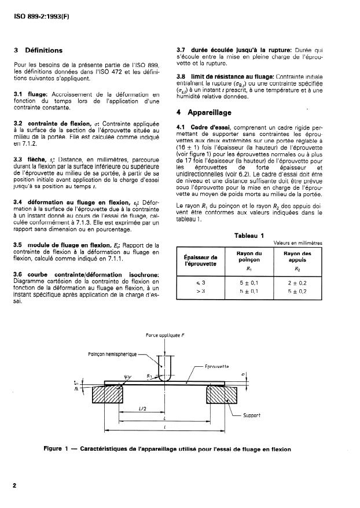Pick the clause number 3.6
[x=17, y=274]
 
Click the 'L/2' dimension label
[x=142, y=410]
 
